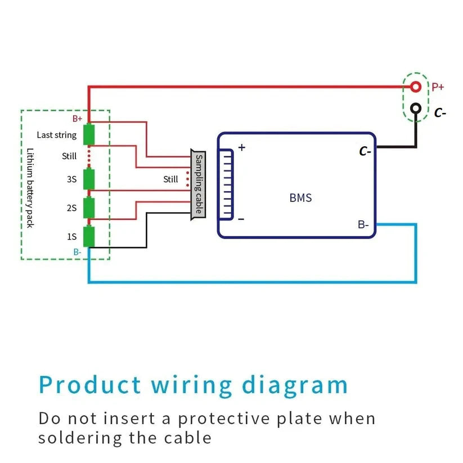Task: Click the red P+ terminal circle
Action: pos(415,87)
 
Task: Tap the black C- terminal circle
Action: pos(415,108)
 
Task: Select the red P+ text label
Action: pos(438,87)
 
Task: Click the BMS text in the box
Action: pos(300,198)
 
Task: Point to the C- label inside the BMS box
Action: pos(365,151)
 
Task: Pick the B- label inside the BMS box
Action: pos(363,224)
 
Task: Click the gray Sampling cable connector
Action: pos(198,185)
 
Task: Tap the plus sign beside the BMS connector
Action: pos(242,148)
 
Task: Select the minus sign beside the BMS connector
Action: pos(241,219)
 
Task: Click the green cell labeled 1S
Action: pos(89,236)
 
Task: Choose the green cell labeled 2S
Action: pos(89,208)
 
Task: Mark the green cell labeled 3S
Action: pos(89,179)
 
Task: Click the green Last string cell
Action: pos(89,135)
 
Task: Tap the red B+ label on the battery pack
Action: pos(77,119)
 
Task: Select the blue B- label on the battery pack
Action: pos(77,252)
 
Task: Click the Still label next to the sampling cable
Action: pos(170,179)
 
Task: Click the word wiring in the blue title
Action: pos(192,385)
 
